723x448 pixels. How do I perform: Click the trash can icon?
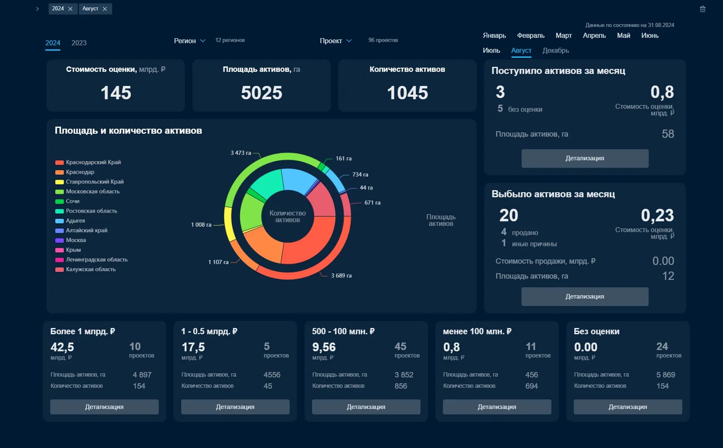coord(703,9)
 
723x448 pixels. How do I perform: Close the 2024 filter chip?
coord(70,9)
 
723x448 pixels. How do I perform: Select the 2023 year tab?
coord(79,43)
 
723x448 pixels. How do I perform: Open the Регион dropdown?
coord(189,41)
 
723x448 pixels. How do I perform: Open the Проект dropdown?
coord(335,41)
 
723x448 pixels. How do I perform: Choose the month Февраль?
coord(531,36)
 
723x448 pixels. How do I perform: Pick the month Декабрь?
coord(556,50)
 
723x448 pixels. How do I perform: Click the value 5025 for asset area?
coord(261,93)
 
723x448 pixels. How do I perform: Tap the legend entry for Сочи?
coord(72,201)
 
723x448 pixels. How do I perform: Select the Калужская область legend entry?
coord(91,269)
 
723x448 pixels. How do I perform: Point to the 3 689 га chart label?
coord(341,276)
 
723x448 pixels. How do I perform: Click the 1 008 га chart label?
coord(201,225)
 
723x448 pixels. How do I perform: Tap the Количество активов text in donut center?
coord(288,216)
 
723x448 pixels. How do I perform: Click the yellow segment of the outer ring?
coord(229,224)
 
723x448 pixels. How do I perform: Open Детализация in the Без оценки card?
coord(627,407)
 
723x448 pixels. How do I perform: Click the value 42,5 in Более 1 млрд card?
coord(62,347)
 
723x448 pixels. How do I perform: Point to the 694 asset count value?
coord(531,386)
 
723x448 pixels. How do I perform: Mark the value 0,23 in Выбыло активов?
coord(657,215)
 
